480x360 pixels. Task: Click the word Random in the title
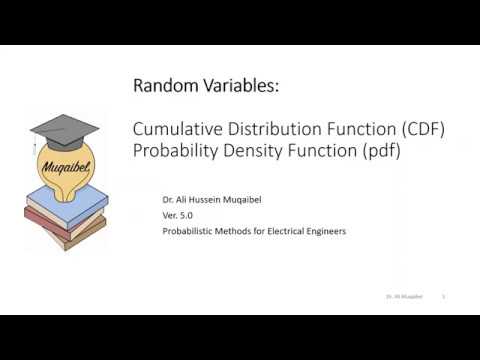pos(161,87)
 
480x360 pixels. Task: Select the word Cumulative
pos(173,129)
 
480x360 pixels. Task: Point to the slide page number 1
pos(443,297)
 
